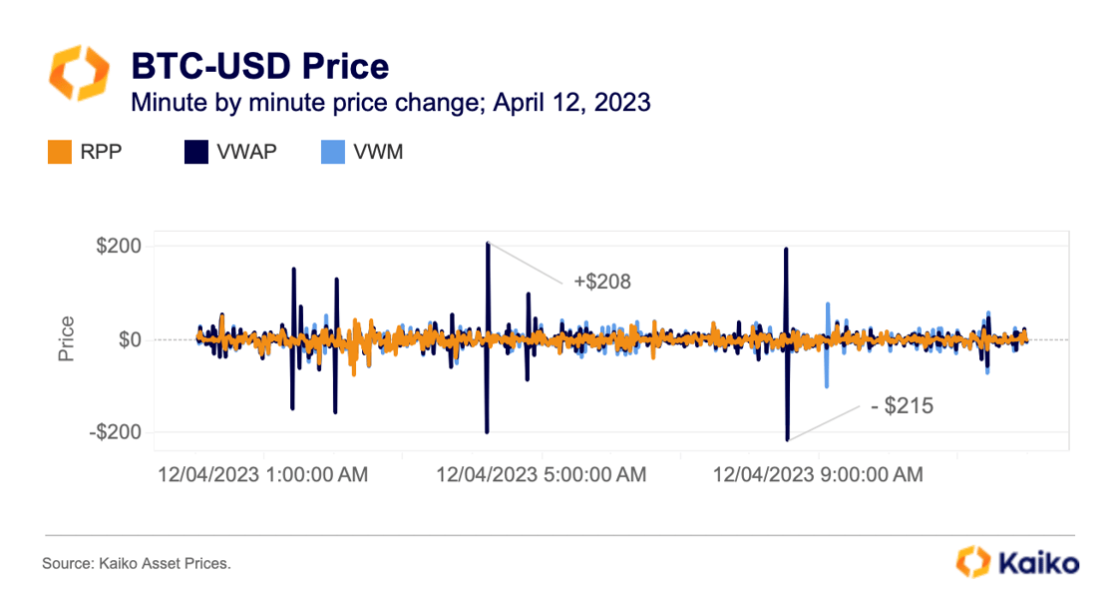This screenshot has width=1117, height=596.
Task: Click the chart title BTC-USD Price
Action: coord(259,67)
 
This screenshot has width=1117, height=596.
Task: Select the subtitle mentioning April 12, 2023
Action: coord(391,102)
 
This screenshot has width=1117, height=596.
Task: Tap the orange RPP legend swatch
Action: coord(58,153)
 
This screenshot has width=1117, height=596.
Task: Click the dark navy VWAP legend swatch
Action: coord(195,153)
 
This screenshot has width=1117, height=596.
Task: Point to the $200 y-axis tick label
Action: coord(119,247)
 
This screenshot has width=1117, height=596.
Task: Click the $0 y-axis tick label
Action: coord(129,339)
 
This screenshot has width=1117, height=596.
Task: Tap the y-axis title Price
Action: coord(67,339)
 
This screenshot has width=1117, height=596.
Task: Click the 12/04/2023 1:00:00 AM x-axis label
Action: coord(262,475)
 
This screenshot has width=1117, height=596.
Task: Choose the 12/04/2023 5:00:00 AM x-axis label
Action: coord(541,475)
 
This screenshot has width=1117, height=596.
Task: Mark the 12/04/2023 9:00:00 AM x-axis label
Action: coord(818,475)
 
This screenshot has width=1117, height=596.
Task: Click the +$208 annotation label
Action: coord(602,283)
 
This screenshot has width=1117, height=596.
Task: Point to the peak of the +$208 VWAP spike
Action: coord(488,243)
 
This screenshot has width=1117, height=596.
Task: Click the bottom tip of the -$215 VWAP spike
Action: coord(787,439)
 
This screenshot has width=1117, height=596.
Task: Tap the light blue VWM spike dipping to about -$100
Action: coord(827,385)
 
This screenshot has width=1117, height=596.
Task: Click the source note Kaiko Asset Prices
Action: coord(137,564)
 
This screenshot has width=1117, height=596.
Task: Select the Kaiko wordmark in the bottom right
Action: coord(1037,563)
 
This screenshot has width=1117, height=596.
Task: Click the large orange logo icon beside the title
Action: coord(77,73)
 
